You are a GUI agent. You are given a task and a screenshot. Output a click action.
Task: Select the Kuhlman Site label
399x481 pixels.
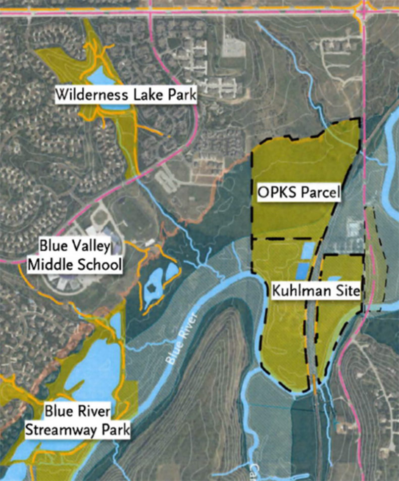click(x=316, y=291)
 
